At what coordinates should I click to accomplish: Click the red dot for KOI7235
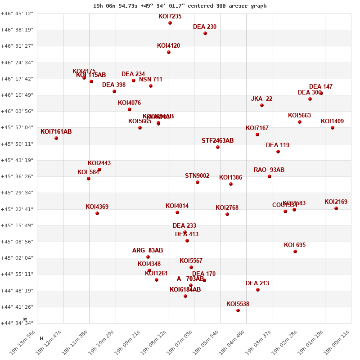(x=170, y=23)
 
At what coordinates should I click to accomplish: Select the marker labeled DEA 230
(x=205, y=33)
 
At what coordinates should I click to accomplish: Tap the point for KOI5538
(x=238, y=310)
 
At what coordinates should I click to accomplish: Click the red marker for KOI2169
(x=336, y=208)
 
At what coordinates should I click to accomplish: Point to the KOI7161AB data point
(x=56, y=138)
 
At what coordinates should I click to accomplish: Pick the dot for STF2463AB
(x=218, y=147)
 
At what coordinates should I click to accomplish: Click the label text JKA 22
(x=261, y=99)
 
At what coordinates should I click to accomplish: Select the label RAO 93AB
(x=269, y=170)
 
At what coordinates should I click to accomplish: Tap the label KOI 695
(x=295, y=245)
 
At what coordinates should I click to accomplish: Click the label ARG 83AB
(x=148, y=251)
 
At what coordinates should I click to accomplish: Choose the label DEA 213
(x=257, y=283)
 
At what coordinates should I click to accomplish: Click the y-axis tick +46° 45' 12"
(x=17, y=13)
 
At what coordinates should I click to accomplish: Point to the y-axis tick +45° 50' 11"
(x=17, y=144)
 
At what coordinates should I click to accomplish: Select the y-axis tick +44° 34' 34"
(x=17, y=323)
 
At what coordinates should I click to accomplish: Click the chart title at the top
(x=180, y=6)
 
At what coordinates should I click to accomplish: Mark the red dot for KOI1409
(x=333, y=128)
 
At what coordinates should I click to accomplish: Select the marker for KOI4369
(x=97, y=213)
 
